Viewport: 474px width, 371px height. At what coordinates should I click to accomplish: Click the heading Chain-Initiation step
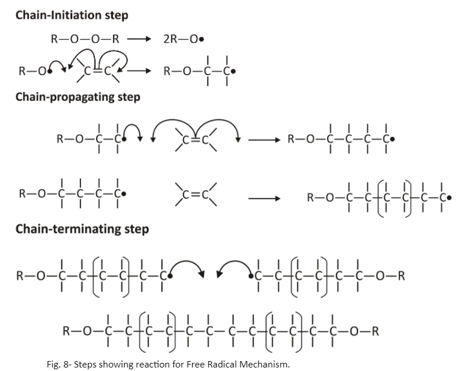72,15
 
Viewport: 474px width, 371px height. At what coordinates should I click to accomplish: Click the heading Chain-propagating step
77,97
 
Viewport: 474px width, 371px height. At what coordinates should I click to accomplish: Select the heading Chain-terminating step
82,229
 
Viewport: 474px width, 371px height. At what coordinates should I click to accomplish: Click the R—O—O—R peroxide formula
85,40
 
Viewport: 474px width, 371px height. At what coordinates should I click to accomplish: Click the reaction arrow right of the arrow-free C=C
265,199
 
